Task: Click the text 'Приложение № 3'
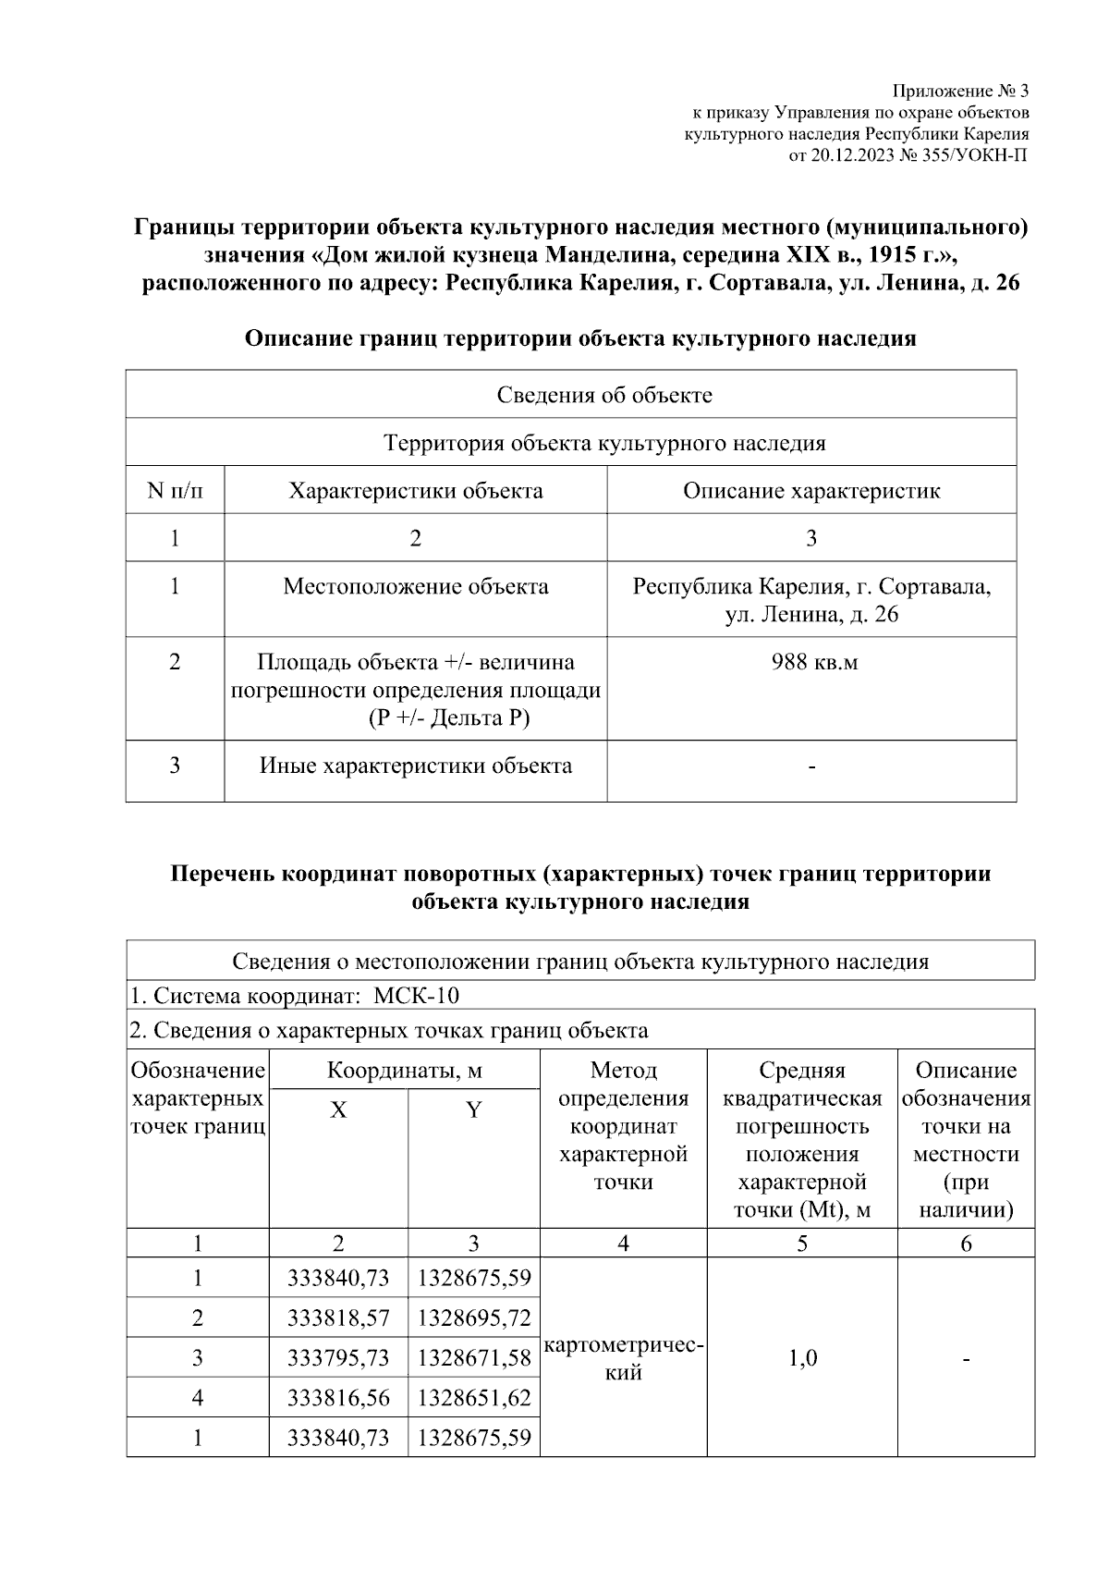pos(959,92)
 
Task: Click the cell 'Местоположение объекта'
pos(416,586)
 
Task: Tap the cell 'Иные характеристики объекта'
pos(416,766)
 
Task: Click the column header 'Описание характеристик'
pos(811,490)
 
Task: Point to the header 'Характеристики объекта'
pos(416,490)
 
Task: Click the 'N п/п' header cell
pos(175,490)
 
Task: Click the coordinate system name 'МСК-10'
pos(416,996)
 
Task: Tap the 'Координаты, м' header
pos(405,1071)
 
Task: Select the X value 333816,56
pos(338,1398)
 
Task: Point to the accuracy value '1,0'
pos(802,1358)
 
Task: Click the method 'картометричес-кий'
pos(624,1359)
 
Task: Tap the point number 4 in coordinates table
pos(197,1398)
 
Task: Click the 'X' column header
pos(338,1110)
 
